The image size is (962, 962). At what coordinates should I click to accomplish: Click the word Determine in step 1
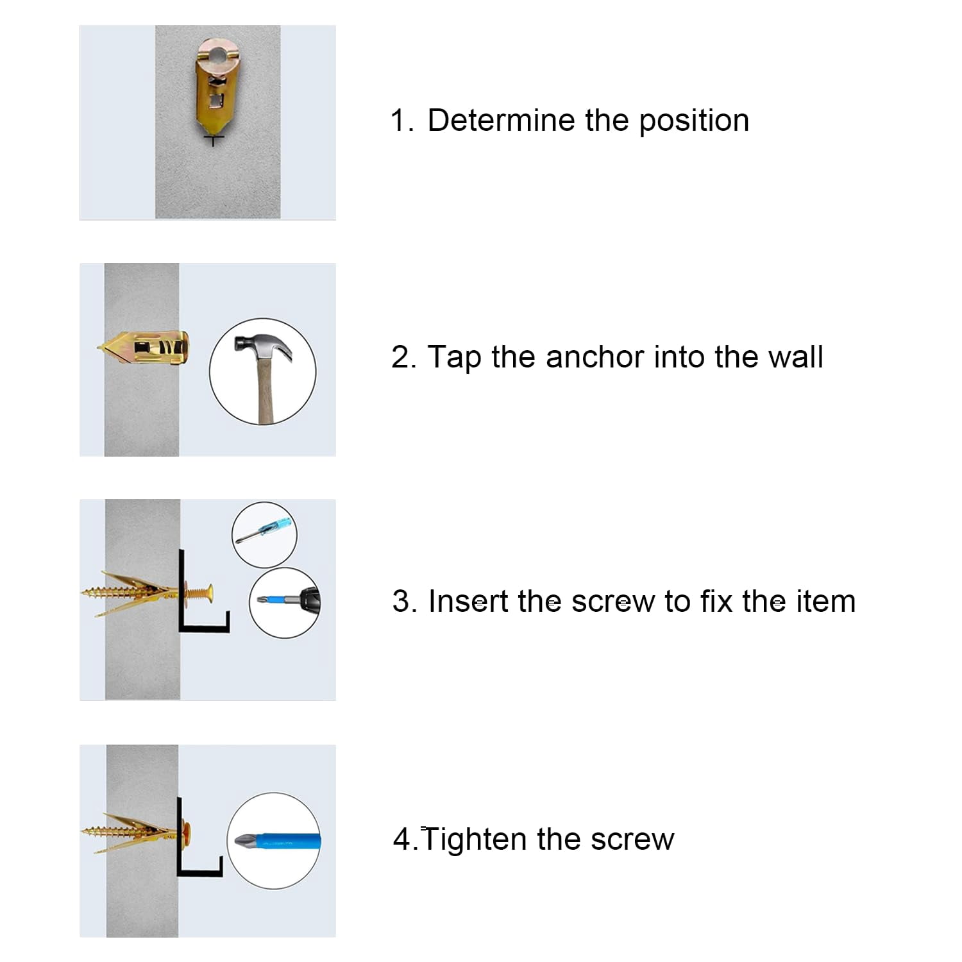[x=502, y=120]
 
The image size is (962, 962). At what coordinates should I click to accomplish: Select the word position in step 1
[x=694, y=121]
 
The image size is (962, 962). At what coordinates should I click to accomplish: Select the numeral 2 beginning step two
[x=400, y=357]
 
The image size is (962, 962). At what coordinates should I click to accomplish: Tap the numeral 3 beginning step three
[x=400, y=602]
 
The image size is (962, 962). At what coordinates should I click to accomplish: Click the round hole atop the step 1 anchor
[x=219, y=53]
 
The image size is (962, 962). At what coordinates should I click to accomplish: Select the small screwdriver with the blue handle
[x=264, y=532]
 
